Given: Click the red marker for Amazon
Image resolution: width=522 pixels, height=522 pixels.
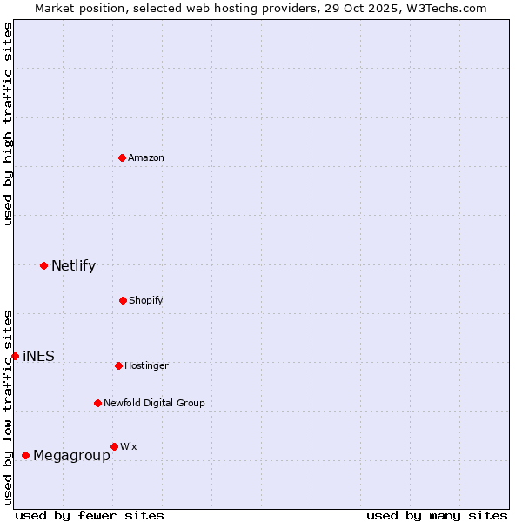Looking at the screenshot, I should [x=122, y=157].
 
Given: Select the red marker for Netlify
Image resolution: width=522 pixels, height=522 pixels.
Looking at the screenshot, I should [x=43, y=265].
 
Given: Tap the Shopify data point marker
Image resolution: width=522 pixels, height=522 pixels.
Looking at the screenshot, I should [x=123, y=300].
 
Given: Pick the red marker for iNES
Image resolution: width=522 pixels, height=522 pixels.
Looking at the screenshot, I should [x=15, y=356].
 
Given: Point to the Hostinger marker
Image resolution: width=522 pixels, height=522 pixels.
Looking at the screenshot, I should [x=118, y=365].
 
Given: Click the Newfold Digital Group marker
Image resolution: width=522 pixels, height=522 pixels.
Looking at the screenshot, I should [x=97, y=403].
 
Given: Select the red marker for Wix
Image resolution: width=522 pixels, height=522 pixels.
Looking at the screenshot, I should [x=114, y=446].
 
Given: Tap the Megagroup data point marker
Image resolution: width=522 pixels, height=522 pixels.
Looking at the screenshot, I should [x=25, y=455].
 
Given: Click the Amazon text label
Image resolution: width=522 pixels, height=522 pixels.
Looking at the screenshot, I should [x=146, y=157].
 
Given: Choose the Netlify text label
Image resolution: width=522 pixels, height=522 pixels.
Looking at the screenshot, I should [x=73, y=265].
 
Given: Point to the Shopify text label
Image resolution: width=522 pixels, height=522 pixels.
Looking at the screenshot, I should [x=146, y=300].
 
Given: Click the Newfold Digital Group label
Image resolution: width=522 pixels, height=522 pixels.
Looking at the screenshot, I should [x=154, y=403].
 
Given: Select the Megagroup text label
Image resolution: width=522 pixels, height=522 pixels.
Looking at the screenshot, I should [x=71, y=455].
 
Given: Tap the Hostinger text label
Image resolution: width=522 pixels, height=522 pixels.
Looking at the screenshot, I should [x=146, y=365].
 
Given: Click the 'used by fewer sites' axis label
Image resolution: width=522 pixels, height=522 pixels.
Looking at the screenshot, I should [x=90, y=515].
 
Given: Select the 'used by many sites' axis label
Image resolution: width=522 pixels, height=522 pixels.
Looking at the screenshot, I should [x=437, y=515].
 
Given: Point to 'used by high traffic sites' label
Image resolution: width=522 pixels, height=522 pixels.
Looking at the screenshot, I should [x=8, y=124].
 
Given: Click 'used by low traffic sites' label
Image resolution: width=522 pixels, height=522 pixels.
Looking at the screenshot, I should [x=8, y=407].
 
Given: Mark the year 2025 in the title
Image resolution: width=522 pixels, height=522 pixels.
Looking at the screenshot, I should [x=378, y=8].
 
